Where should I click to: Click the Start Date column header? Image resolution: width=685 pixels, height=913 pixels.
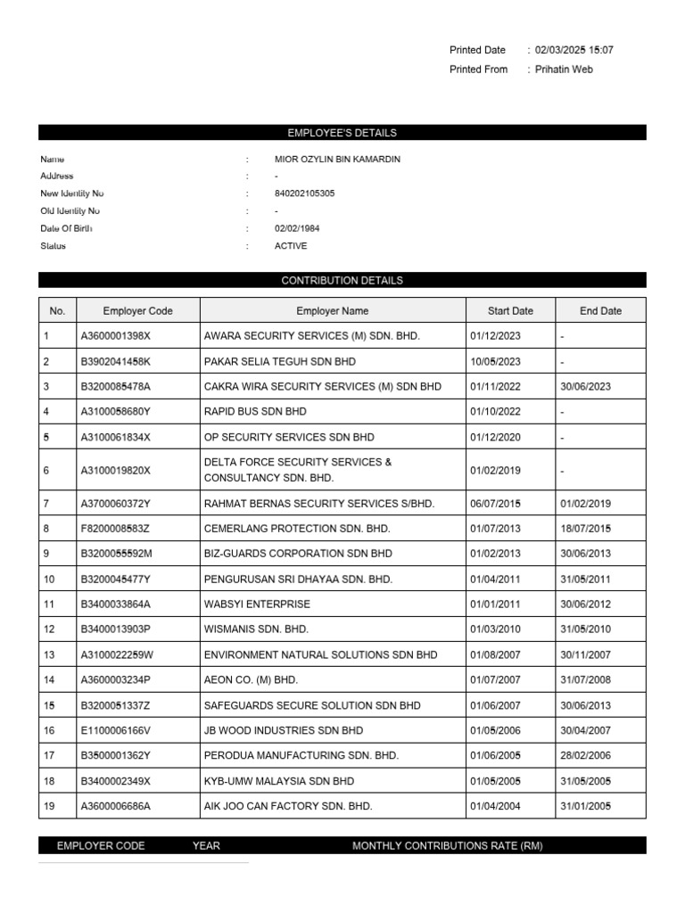[x=510, y=311]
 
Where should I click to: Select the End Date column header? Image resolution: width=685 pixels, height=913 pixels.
[x=600, y=311]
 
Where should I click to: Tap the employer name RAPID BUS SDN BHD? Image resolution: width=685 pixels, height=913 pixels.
[x=255, y=412]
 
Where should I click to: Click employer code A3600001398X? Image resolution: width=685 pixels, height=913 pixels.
[x=116, y=337]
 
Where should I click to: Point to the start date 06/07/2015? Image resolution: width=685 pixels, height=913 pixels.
[x=495, y=504]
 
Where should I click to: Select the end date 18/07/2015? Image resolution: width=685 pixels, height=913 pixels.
[x=585, y=529]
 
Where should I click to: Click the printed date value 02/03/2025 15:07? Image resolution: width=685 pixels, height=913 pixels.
[x=574, y=50]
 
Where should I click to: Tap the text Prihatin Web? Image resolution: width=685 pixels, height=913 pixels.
[x=564, y=70]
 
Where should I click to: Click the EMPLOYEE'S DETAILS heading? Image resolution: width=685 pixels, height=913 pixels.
[x=342, y=133]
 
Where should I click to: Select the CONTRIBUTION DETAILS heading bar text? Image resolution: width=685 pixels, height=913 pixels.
[x=342, y=280]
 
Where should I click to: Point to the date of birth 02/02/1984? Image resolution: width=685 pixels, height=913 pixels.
[x=297, y=228]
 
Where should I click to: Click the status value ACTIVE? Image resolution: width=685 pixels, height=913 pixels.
[x=291, y=246]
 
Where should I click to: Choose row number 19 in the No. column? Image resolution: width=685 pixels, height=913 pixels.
[x=48, y=806]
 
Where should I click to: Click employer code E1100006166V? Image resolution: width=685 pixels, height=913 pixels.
[x=116, y=730]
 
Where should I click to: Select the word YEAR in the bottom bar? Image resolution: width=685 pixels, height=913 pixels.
[x=206, y=845]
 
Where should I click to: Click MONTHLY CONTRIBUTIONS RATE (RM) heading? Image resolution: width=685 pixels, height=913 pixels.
[x=447, y=845]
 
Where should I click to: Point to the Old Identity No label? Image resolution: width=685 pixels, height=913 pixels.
[x=70, y=211]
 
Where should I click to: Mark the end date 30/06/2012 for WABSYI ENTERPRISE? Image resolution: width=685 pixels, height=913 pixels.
[x=585, y=605]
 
